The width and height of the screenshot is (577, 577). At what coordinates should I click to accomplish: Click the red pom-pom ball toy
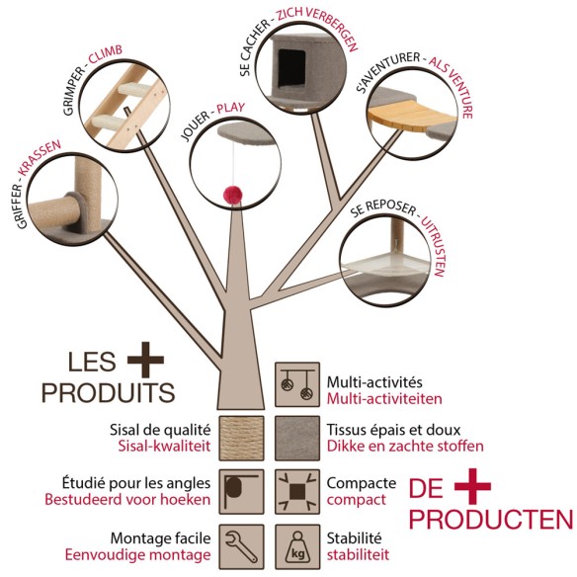point(232,194)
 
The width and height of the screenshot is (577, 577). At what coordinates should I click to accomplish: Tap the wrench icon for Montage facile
point(241,546)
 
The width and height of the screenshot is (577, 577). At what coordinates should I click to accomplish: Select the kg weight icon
point(297,546)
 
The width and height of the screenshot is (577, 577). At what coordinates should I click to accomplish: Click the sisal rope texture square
point(241,438)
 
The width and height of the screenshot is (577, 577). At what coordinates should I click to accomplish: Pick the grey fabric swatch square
point(297,438)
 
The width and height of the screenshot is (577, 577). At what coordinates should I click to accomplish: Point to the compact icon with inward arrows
point(297,492)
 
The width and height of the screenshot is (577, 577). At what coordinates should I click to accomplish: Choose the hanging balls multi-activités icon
point(297,384)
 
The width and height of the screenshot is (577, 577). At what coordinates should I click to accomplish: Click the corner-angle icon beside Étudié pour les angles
point(241,492)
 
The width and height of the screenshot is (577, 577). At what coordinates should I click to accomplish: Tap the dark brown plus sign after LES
point(145,360)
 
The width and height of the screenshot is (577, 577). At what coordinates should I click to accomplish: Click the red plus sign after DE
point(472,486)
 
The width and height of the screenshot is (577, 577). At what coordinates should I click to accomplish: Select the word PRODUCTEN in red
point(491,520)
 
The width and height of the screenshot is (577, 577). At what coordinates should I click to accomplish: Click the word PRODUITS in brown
point(108,392)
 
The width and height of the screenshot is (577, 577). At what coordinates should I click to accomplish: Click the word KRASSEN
point(40,157)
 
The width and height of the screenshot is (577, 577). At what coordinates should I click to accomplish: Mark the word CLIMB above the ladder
point(105,54)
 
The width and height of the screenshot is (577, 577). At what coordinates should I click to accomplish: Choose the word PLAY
point(231,109)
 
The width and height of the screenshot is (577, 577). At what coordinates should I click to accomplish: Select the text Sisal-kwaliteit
point(164,446)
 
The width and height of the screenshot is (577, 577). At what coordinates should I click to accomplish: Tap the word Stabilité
point(354,538)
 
